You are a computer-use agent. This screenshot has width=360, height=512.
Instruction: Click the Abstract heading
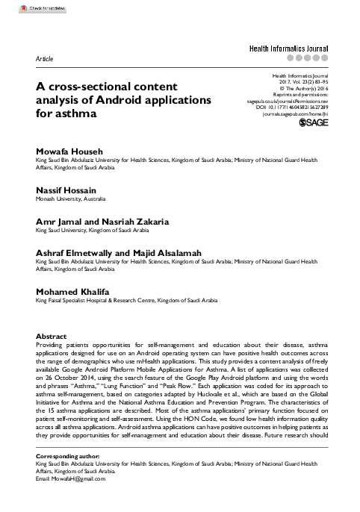[51, 337]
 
